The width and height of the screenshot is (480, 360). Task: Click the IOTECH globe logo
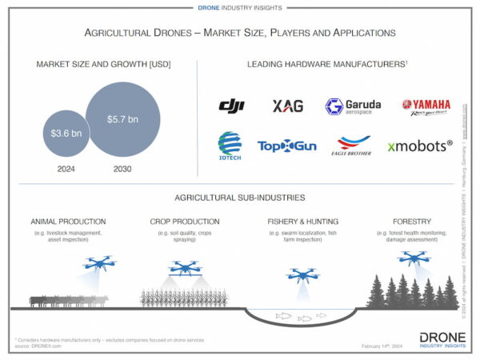[230, 146]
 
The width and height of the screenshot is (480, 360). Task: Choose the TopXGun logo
[286, 146]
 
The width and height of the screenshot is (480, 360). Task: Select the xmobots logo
[420, 146]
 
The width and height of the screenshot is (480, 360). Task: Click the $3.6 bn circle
[62, 133]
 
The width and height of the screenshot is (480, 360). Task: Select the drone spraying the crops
[186, 270]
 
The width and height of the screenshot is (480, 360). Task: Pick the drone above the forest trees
[413, 258]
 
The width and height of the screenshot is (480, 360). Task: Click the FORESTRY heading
[413, 221]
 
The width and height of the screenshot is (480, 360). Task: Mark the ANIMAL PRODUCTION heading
[68, 221]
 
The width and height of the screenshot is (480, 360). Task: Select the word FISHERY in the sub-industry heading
[286, 221]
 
